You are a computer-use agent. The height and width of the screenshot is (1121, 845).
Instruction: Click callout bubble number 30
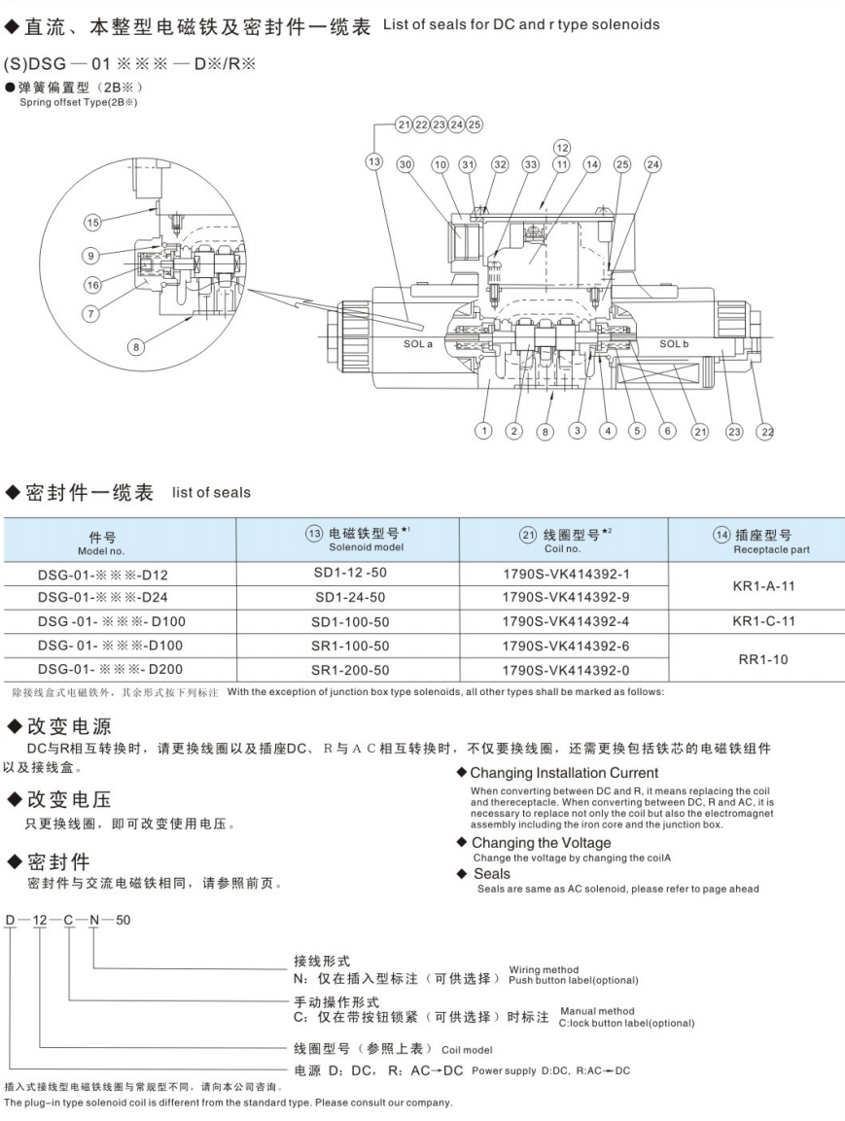(x=405, y=165)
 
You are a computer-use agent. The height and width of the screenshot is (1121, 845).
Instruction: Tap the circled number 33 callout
(x=530, y=165)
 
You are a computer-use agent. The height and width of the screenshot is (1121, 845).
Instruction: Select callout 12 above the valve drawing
(x=562, y=147)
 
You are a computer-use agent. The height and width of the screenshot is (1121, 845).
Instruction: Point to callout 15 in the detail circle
(x=92, y=223)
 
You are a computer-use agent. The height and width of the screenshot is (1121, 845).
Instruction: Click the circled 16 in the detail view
(x=92, y=285)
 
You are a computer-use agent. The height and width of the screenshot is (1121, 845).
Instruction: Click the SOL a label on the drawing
(x=418, y=343)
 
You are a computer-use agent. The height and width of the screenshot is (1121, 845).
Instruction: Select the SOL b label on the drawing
(x=674, y=343)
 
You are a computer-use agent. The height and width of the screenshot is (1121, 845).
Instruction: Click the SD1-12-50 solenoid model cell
(x=349, y=574)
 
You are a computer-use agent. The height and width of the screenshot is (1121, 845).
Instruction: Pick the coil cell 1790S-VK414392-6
(x=565, y=646)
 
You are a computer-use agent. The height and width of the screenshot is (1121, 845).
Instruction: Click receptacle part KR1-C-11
(x=763, y=620)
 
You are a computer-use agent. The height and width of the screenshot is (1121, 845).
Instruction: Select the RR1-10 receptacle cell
(x=763, y=658)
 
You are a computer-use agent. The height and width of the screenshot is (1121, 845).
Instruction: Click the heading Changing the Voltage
(x=541, y=843)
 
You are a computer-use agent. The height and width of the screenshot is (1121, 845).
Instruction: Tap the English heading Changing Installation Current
(x=564, y=773)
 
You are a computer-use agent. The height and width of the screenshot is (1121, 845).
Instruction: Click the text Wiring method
(x=544, y=969)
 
